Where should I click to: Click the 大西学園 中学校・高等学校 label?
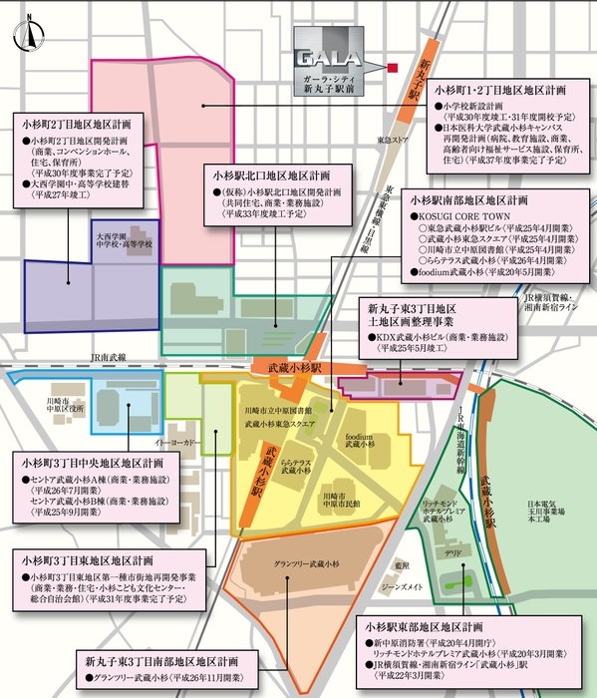125,242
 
